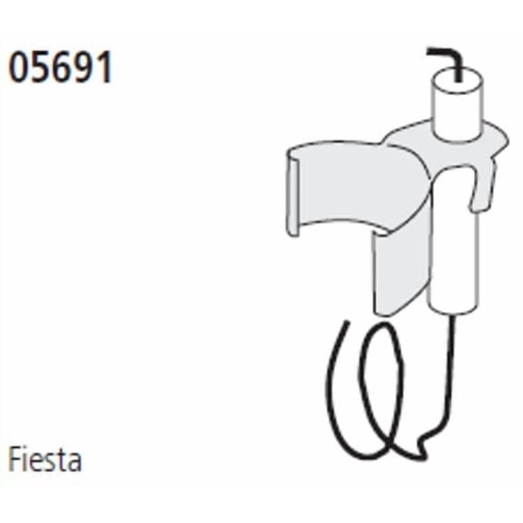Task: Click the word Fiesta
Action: tap(44, 459)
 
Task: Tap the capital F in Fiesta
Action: tap(15, 459)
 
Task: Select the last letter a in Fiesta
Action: tap(74, 462)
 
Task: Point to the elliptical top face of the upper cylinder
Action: tap(458, 80)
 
